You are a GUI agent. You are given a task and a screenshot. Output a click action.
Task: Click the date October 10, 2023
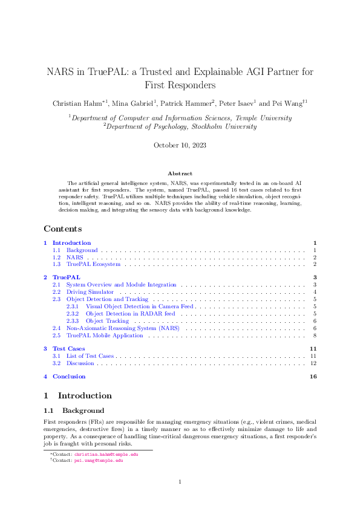point(180,145)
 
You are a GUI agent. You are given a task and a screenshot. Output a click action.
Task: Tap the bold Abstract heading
point(180,173)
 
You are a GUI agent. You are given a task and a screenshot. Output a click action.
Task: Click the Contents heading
point(63,229)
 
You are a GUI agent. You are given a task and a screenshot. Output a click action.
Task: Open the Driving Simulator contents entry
point(90,292)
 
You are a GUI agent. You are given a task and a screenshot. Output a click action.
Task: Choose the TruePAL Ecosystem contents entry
point(93,264)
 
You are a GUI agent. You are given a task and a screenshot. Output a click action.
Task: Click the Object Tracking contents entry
point(107,320)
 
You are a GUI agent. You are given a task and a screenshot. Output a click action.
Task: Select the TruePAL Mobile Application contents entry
point(105,335)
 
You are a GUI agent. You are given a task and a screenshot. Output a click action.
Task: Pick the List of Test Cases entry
point(90,356)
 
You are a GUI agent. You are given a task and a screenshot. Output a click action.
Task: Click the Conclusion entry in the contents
point(69,377)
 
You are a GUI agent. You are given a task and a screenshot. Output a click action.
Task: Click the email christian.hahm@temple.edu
point(106,453)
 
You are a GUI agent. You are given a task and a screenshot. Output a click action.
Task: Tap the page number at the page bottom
point(180,482)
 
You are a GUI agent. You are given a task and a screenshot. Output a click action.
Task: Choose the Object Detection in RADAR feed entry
point(130,314)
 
